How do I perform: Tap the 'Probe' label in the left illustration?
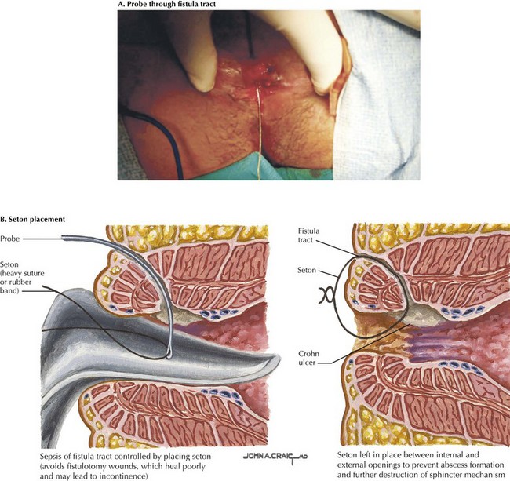[x=13, y=238]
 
